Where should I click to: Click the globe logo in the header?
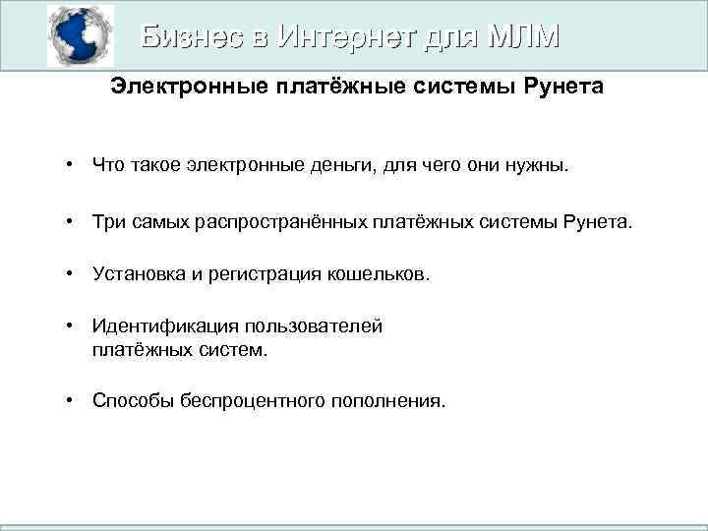81,36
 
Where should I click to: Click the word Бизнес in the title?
192,36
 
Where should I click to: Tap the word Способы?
133,400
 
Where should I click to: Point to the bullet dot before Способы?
71,400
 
